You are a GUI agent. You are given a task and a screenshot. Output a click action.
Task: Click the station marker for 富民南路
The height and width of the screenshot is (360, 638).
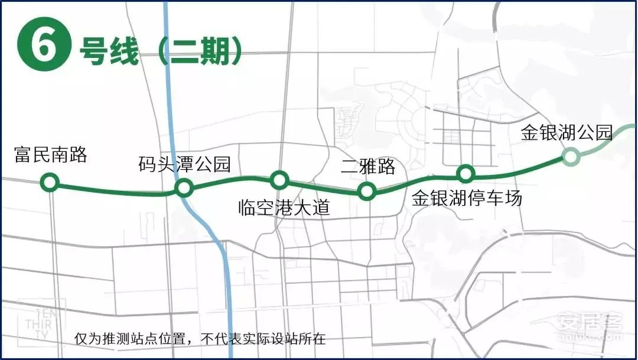50,182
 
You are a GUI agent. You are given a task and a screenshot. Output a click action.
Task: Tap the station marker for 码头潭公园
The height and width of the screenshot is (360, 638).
184,188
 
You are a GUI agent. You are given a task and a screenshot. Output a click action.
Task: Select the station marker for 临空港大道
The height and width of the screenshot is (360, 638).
279,179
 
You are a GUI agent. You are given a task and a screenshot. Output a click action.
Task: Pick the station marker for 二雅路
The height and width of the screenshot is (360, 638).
367,190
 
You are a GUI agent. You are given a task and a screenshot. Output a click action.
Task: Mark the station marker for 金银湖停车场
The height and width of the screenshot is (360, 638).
466,173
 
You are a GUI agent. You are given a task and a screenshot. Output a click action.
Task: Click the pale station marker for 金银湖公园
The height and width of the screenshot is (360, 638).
570,156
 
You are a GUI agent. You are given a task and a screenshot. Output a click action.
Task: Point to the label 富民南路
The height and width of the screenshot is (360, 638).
51,155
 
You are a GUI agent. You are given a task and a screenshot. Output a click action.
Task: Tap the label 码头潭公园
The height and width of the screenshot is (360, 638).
184,164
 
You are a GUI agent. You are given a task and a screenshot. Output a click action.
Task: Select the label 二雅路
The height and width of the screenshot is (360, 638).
368,167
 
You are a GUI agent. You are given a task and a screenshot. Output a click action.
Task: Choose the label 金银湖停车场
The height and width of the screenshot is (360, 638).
467,198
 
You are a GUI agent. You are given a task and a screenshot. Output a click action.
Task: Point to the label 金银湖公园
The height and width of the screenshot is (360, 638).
566,132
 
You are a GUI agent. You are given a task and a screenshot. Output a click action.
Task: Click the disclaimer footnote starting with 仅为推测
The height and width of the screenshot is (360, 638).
200,339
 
